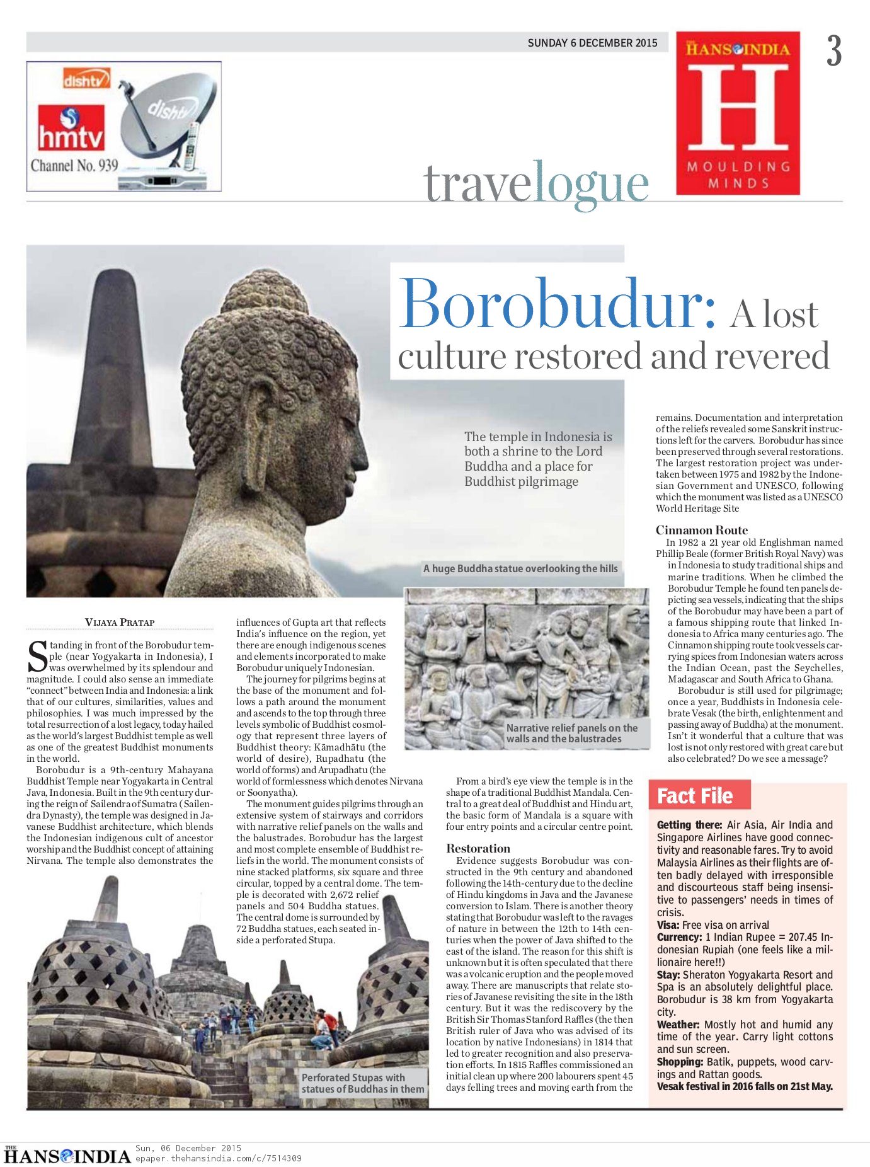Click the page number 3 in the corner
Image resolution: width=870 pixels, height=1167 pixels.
tap(834, 51)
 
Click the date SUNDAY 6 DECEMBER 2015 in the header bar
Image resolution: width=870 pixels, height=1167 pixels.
tap(592, 43)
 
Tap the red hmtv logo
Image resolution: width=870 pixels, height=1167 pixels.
tap(71, 129)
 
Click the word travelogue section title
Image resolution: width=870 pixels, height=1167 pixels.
tap(536, 183)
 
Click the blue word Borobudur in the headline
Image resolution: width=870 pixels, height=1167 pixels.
tap(557, 304)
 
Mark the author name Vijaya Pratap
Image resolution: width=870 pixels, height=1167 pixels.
tap(120, 622)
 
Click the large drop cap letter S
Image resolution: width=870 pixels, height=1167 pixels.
tap(37, 656)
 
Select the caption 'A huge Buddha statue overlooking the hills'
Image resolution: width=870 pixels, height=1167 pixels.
tap(520, 568)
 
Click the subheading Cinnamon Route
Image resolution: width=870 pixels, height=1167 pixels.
tap(701, 530)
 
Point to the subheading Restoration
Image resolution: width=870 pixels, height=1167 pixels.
tap(478, 848)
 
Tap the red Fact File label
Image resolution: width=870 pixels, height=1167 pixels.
tap(695, 796)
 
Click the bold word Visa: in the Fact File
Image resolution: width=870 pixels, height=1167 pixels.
tap(668, 925)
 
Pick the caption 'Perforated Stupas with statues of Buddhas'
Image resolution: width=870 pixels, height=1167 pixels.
tap(362, 1083)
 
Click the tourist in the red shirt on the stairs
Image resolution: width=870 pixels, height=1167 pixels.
tap(329, 1016)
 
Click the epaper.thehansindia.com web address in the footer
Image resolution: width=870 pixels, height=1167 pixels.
tap(218, 1158)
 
